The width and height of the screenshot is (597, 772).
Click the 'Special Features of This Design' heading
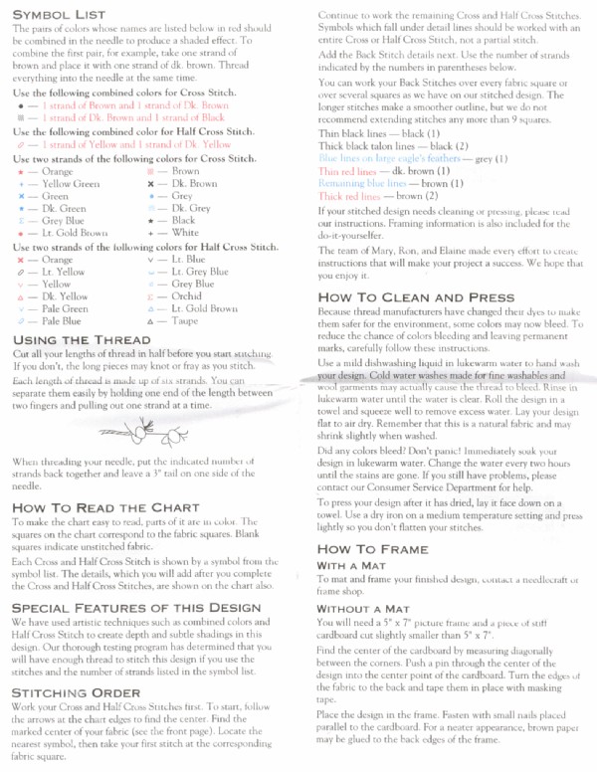pyautogui.click(x=135, y=606)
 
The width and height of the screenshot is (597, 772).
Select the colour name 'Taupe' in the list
pyautogui.click(x=185, y=322)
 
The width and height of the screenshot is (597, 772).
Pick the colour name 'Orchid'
pyautogui.click(x=187, y=296)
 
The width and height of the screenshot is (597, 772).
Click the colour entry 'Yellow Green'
pyautogui.click(x=71, y=184)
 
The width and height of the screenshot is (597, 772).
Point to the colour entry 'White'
pyautogui.click(x=185, y=233)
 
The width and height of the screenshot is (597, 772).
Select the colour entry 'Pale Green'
pyautogui.click(x=65, y=309)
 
